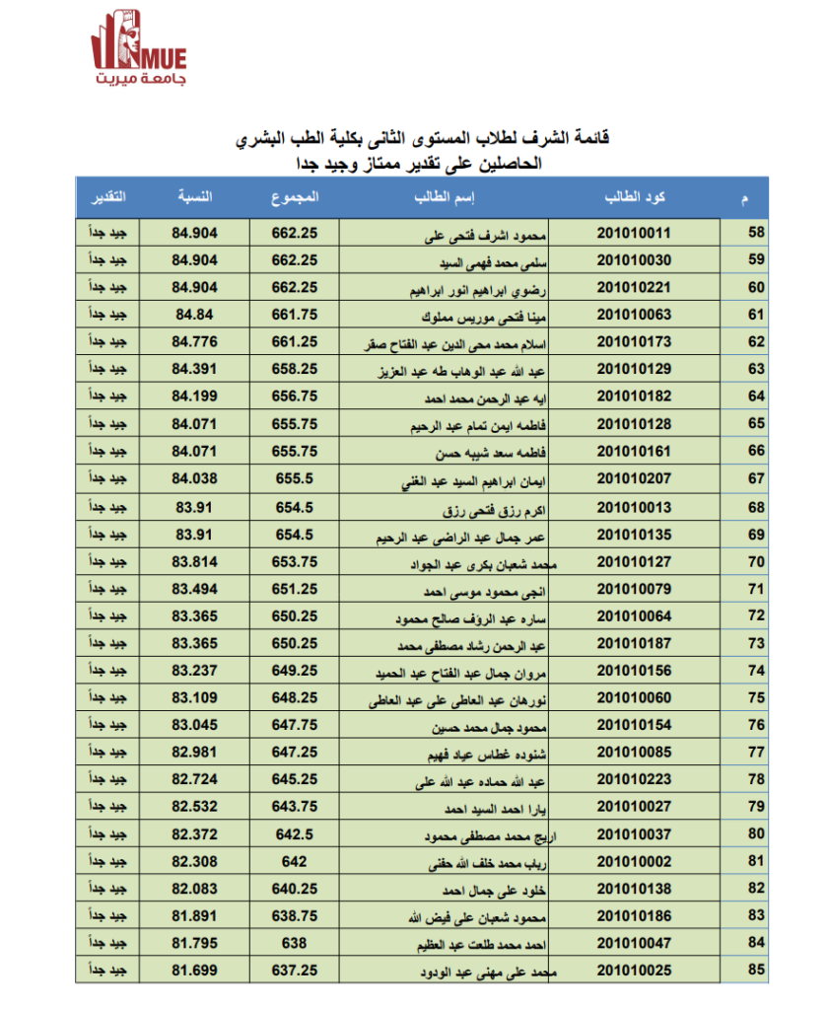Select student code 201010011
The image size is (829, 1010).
pyautogui.click(x=634, y=234)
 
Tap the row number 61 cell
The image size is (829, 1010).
pyautogui.click(x=757, y=316)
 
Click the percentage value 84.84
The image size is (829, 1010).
pyautogui.click(x=193, y=316)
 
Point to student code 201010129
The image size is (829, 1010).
pyautogui.click(x=634, y=370)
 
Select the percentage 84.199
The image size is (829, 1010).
pyautogui.click(x=193, y=397)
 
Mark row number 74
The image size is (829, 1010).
pyautogui.click(x=757, y=670)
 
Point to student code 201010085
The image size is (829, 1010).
pyautogui.click(x=634, y=752)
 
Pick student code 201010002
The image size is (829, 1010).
pyautogui.click(x=634, y=861)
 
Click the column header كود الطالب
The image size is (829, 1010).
pyautogui.click(x=634, y=196)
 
